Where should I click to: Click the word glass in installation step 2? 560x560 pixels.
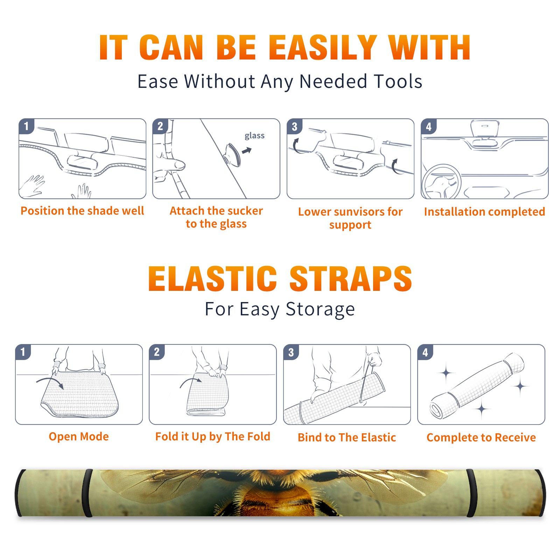pos(254,136)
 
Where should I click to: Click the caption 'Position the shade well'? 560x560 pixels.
pos(82,211)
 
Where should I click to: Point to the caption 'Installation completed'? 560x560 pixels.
pos(484,212)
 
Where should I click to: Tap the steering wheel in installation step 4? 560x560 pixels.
pos(441,181)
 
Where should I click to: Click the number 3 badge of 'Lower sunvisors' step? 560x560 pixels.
pos(294,127)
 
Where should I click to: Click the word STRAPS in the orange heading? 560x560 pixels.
pos(351,279)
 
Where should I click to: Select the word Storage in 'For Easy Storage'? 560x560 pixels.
pos(320,309)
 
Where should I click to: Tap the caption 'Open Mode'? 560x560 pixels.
pos(79,436)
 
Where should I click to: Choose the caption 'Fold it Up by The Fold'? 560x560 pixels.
pos(213,436)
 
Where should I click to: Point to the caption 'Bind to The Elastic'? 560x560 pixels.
pos(347,437)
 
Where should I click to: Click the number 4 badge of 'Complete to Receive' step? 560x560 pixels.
pos(425,352)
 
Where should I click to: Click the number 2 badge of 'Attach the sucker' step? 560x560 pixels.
pos(160,126)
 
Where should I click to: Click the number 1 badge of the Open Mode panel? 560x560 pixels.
pos(23,352)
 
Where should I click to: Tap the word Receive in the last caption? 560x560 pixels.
pos(515,437)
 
